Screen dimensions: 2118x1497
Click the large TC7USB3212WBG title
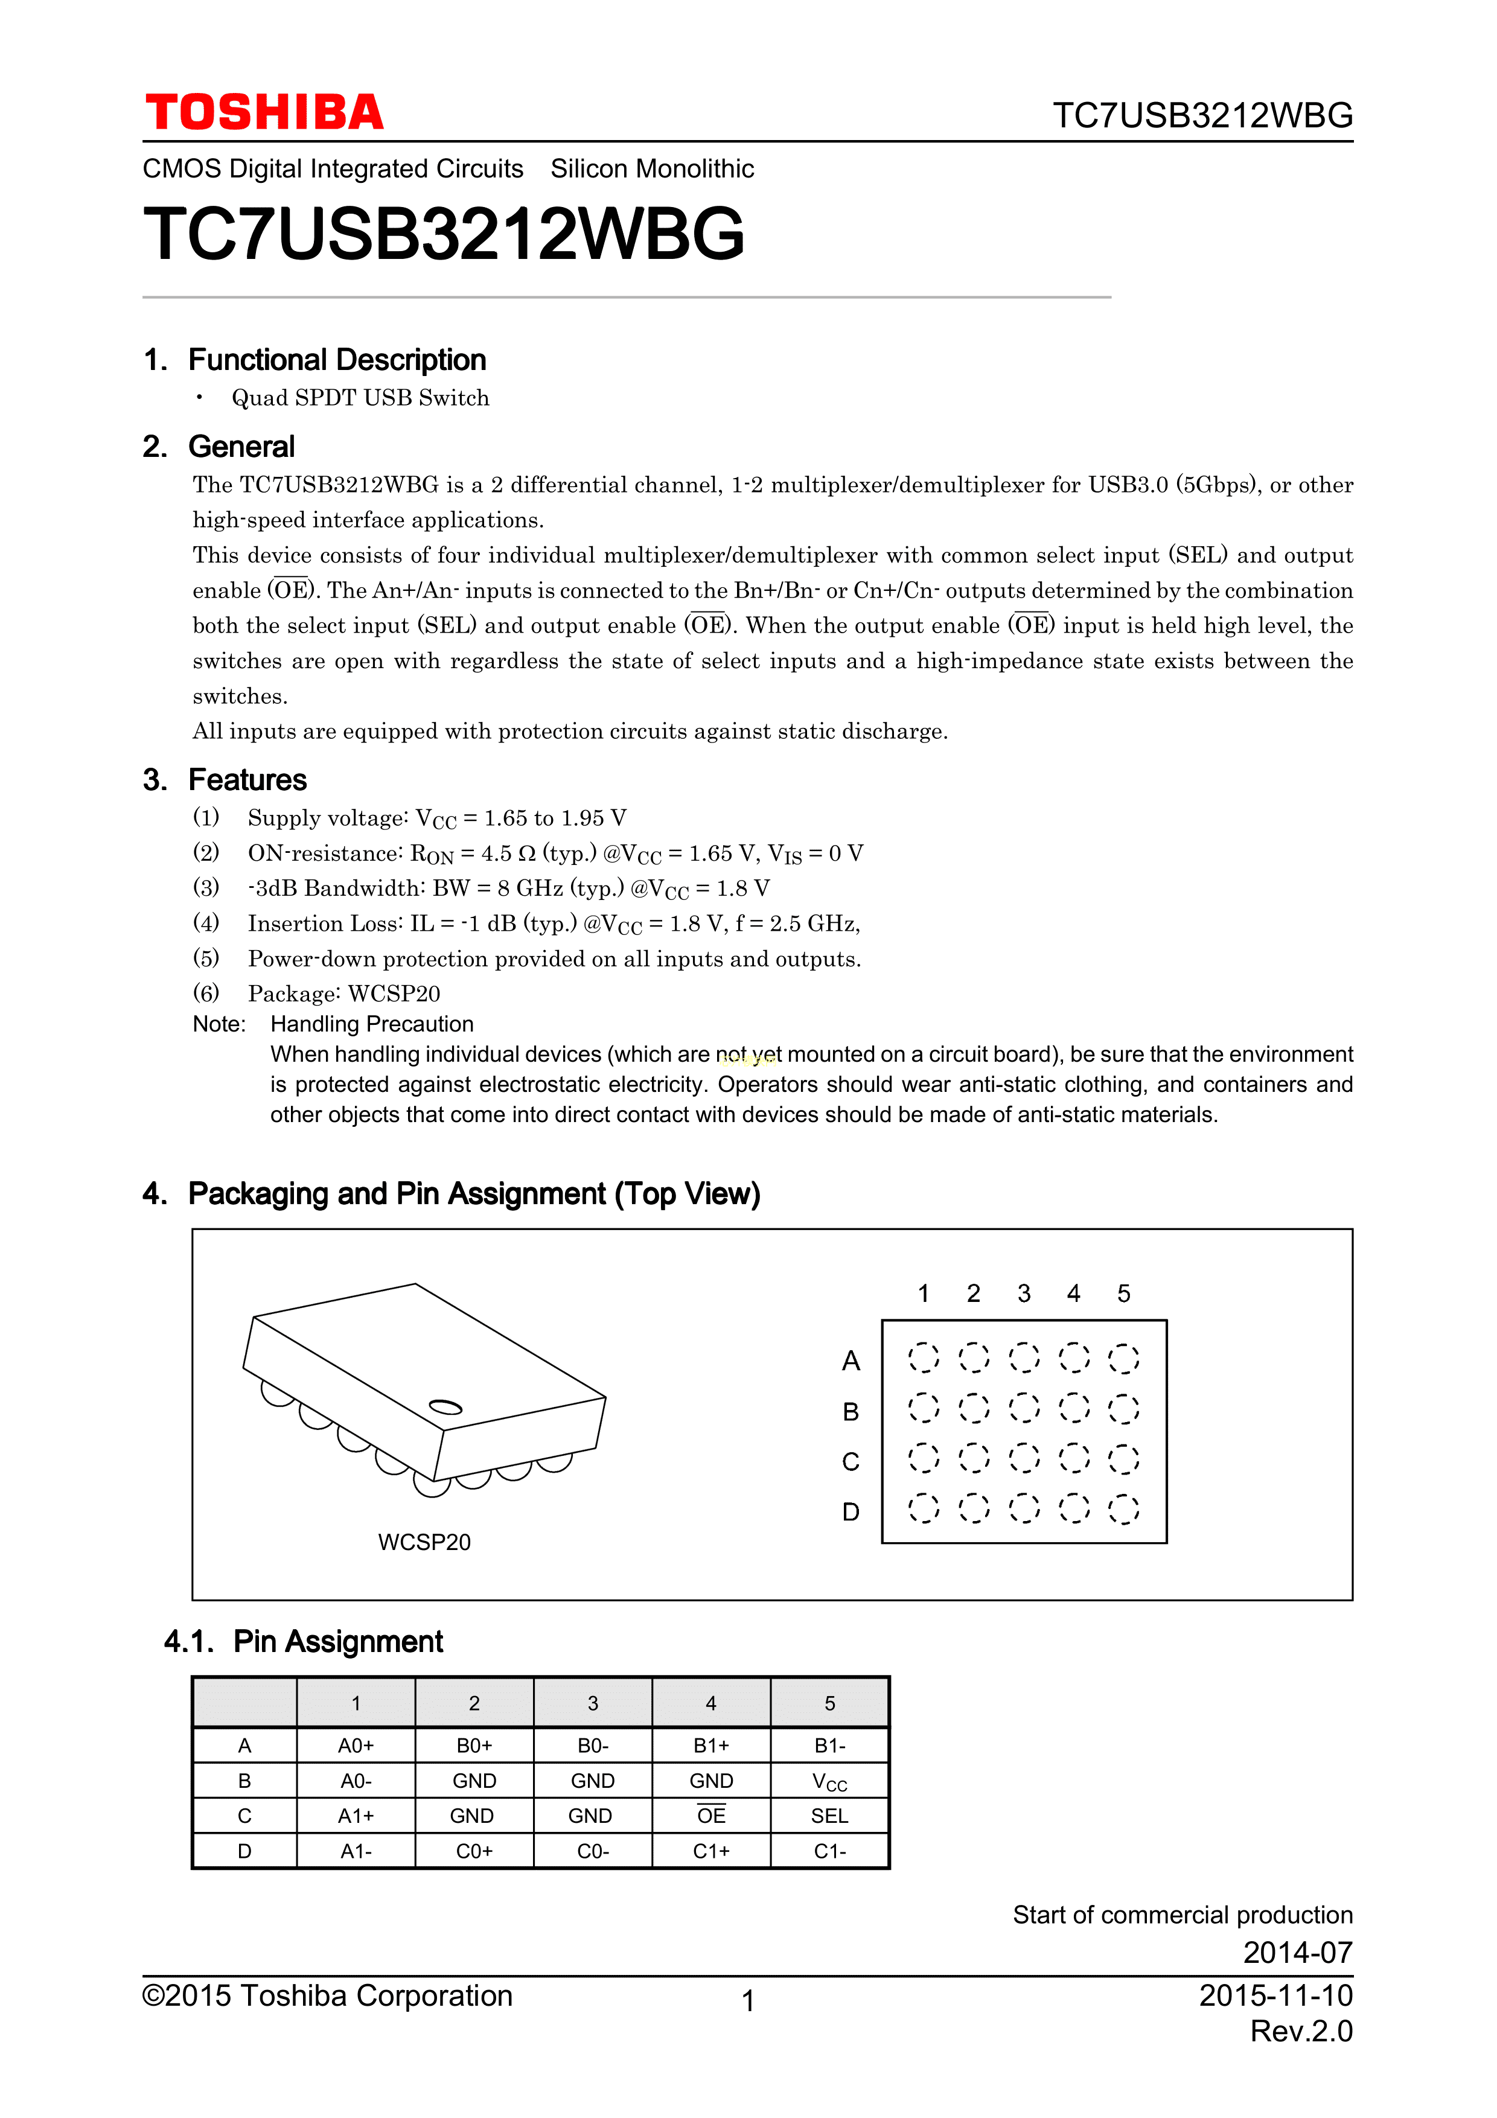[x=444, y=234]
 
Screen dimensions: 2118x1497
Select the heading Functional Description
[x=337, y=360]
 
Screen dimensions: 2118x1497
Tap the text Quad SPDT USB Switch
[x=360, y=398]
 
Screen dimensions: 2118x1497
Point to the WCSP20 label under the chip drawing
[x=424, y=1542]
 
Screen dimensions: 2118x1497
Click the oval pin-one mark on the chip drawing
[x=445, y=1407]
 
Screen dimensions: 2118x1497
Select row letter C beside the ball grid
[x=851, y=1462]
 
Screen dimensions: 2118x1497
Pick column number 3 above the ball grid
[x=1024, y=1293]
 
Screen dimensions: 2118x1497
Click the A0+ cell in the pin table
[x=356, y=1746]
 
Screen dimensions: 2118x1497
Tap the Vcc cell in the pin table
[x=829, y=1781]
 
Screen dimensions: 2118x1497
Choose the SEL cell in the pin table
[x=829, y=1816]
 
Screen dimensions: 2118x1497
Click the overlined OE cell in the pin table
[x=711, y=1816]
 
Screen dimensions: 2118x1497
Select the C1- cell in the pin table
[x=829, y=1851]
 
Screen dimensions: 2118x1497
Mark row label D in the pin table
[x=244, y=1851]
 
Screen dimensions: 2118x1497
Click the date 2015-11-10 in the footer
[x=1275, y=1995]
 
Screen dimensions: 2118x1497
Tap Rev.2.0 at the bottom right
[x=1301, y=2031]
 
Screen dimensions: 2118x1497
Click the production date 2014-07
[x=1297, y=1953]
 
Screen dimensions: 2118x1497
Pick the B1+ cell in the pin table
[x=711, y=1746]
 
